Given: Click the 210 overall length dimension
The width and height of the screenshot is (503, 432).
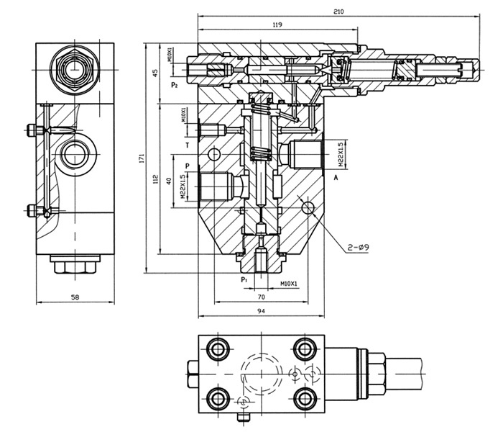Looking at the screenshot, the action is click(338, 12).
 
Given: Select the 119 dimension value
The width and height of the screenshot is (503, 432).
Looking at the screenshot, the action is click(277, 24).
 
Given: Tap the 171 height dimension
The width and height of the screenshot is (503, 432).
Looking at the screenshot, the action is click(142, 158).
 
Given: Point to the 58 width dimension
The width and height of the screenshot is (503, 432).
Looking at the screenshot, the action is click(75, 297).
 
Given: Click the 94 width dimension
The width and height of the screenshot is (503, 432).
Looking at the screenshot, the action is click(262, 311).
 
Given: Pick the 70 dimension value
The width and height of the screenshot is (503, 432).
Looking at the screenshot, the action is click(262, 297).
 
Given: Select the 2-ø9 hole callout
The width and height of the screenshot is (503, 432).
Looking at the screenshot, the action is click(359, 247).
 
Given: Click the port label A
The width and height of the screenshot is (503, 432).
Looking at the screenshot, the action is click(336, 177).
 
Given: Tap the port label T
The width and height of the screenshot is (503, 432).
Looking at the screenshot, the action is click(188, 145).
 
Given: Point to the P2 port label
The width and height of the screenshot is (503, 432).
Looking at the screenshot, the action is click(174, 85).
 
